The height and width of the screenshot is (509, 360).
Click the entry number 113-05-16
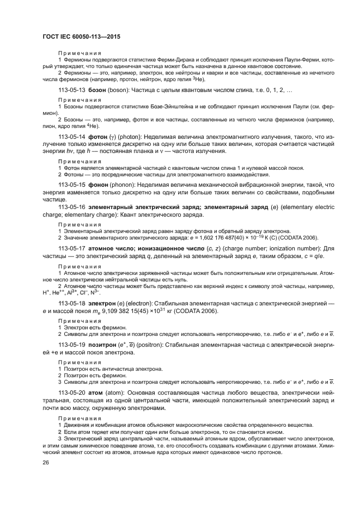point(72,207)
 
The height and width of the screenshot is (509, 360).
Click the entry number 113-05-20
point(72,391)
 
